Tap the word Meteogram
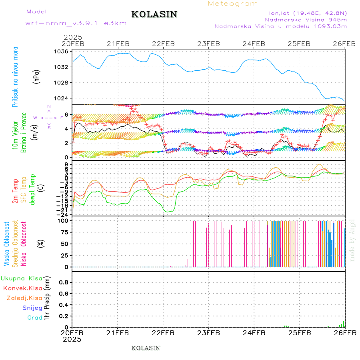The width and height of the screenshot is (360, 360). (x=233, y=4)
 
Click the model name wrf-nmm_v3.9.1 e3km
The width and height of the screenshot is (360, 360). (x=76, y=23)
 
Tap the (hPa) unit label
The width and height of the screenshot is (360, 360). (x=37, y=76)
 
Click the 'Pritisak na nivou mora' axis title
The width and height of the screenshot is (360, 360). (x=16, y=76)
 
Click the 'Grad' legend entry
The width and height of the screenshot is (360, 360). (x=35, y=318)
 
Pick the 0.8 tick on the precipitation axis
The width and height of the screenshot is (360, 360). (x=64, y=282)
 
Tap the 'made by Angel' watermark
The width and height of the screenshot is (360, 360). (x=352, y=240)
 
